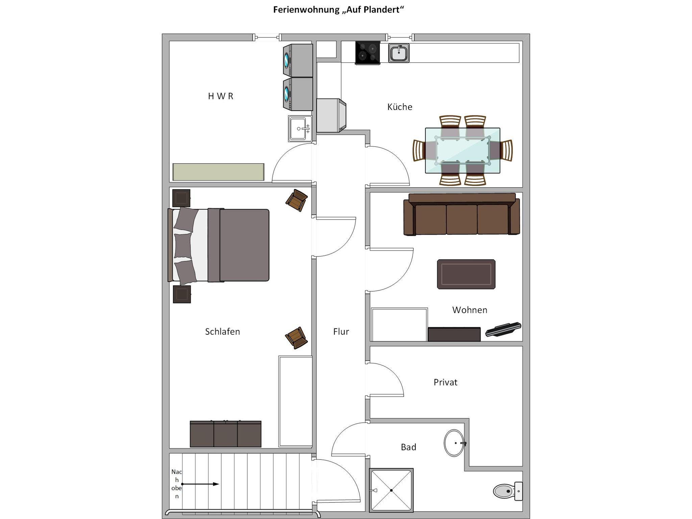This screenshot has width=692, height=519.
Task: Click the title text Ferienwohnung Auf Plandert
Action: pos(339,10)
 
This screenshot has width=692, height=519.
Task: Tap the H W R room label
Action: pos(221,96)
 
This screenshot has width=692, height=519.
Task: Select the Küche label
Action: pos(400,107)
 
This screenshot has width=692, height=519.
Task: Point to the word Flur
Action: pos(341,332)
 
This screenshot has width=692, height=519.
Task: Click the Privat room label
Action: pos(445,382)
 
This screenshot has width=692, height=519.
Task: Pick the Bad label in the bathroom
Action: pos(408,447)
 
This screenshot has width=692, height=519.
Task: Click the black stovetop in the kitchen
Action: pos(367,53)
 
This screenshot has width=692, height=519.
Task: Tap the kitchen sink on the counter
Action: pos(399,53)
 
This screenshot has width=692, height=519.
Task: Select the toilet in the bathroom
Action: pos(508,491)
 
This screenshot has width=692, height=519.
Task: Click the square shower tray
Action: pos(391,490)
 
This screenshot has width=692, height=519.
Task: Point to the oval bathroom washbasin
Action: pos(454,443)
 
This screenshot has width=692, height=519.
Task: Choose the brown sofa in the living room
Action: pos(462,214)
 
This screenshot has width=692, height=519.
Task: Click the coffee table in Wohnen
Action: pos(466,274)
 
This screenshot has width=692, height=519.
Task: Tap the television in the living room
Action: pos(503,329)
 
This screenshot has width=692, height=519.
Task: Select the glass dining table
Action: pos(462,151)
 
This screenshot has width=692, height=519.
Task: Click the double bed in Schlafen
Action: pos(219,245)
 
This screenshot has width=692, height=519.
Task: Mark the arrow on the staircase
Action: pos(200,484)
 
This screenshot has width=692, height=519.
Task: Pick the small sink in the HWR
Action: pos(300,129)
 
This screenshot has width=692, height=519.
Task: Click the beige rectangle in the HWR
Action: pos(218,172)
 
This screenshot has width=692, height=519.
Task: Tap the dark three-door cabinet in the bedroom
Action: pos(225,434)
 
